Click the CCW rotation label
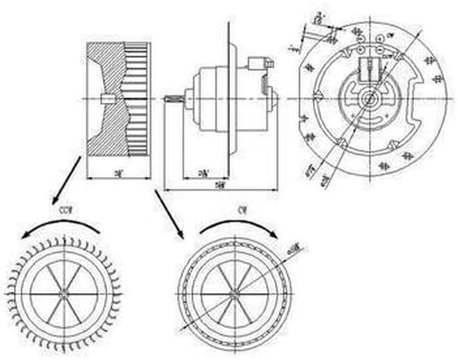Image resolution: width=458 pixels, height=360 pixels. [66, 210]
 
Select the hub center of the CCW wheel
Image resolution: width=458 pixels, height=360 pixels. [64, 294]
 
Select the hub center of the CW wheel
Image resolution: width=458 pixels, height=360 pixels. [234, 294]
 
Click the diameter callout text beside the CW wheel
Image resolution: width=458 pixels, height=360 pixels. [298, 247]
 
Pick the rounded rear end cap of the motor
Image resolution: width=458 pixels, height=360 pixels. [272, 99]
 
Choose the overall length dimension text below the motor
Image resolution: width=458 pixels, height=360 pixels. [220, 184]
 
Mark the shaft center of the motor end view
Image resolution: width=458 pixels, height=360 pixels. [370, 99]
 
